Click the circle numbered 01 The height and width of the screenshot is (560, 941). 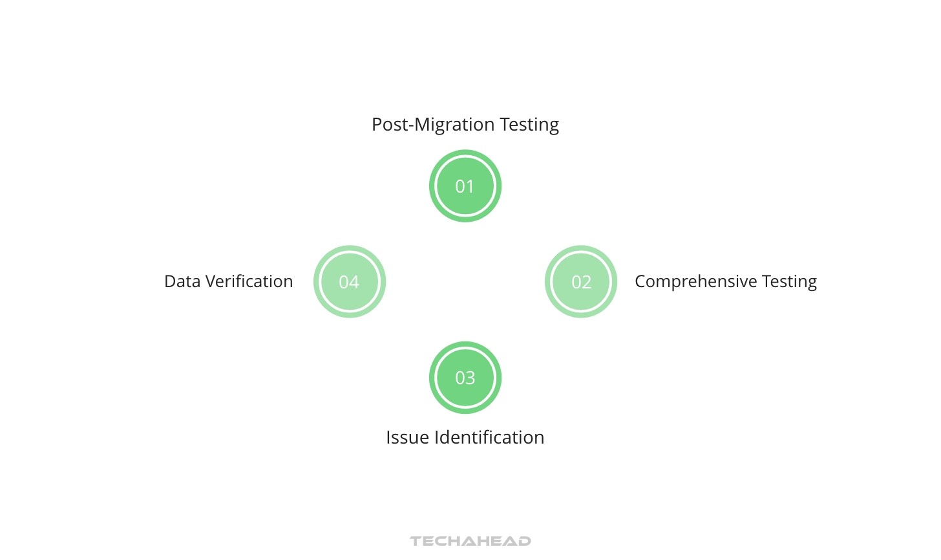465,186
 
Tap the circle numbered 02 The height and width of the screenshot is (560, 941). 581,282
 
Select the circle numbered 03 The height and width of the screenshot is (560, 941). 465,378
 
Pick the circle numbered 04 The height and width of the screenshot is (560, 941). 350,282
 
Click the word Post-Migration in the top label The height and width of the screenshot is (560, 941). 433,125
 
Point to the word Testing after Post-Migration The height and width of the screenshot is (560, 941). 529,125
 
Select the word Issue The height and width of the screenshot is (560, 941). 407,437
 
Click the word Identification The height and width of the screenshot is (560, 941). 489,437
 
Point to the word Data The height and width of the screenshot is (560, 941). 182,282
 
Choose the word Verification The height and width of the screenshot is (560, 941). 249,282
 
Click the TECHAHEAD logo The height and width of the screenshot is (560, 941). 470,541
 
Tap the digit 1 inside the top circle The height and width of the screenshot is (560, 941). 470,187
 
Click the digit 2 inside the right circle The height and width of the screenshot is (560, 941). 587,283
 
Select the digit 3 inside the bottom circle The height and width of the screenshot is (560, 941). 470,378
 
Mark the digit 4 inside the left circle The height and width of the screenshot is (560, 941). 355,283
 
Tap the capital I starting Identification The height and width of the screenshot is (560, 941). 437,437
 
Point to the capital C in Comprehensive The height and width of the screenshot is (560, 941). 640,281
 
